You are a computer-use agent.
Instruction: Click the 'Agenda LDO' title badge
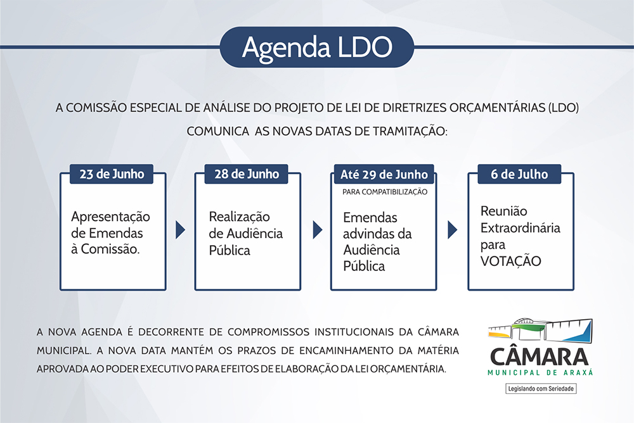point(317,47)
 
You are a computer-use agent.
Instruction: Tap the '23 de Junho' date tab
point(112,174)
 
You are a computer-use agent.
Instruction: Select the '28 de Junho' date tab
point(246,174)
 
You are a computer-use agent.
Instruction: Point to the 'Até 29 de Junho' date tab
point(384,174)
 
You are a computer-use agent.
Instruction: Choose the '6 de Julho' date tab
point(519,174)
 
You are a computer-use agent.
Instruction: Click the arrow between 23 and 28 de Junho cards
point(180,230)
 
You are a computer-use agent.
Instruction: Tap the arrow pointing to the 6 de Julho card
point(452,230)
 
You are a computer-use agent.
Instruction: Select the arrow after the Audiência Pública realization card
point(318,230)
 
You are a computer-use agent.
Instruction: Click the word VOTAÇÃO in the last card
point(510,261)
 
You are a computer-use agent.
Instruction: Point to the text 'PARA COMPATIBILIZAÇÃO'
point(385,192)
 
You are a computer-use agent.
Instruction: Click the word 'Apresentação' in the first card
point(110,217)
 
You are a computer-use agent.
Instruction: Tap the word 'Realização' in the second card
point(240,217)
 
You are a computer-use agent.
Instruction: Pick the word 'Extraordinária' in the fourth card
point(521,228)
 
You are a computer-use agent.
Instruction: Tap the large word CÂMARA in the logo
point(540,357)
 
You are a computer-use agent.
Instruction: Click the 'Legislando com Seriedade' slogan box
point(541,389)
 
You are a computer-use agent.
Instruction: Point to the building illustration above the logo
point(540,329)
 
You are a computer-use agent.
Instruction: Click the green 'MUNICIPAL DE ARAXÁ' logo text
point(540,372)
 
